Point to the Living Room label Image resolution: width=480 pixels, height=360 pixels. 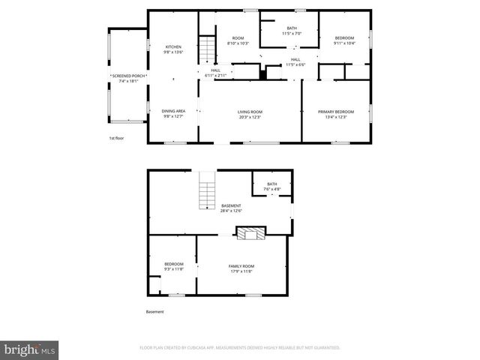(250, 113)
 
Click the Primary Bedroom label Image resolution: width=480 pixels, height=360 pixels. (335, 113)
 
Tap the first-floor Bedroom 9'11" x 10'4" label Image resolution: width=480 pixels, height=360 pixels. (344, 40)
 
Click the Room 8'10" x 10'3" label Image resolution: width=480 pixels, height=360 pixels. (238, 40)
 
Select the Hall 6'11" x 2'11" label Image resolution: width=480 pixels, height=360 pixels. (215, 73)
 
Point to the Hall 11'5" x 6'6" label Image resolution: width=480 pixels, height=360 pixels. (295, 61)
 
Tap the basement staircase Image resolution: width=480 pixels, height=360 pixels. (206, 191)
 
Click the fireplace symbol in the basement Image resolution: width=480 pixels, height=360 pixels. (250, 233)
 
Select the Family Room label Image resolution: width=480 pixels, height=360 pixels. (241, 268)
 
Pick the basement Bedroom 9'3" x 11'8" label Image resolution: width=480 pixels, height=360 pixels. (173, 266)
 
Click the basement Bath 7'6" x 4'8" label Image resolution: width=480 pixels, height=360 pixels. (271, 187)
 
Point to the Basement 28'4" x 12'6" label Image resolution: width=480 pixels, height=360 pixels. (231, 208)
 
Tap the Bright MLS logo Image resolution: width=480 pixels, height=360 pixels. (29, 349)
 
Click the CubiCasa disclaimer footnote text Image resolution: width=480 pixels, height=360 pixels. (240, 348)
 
